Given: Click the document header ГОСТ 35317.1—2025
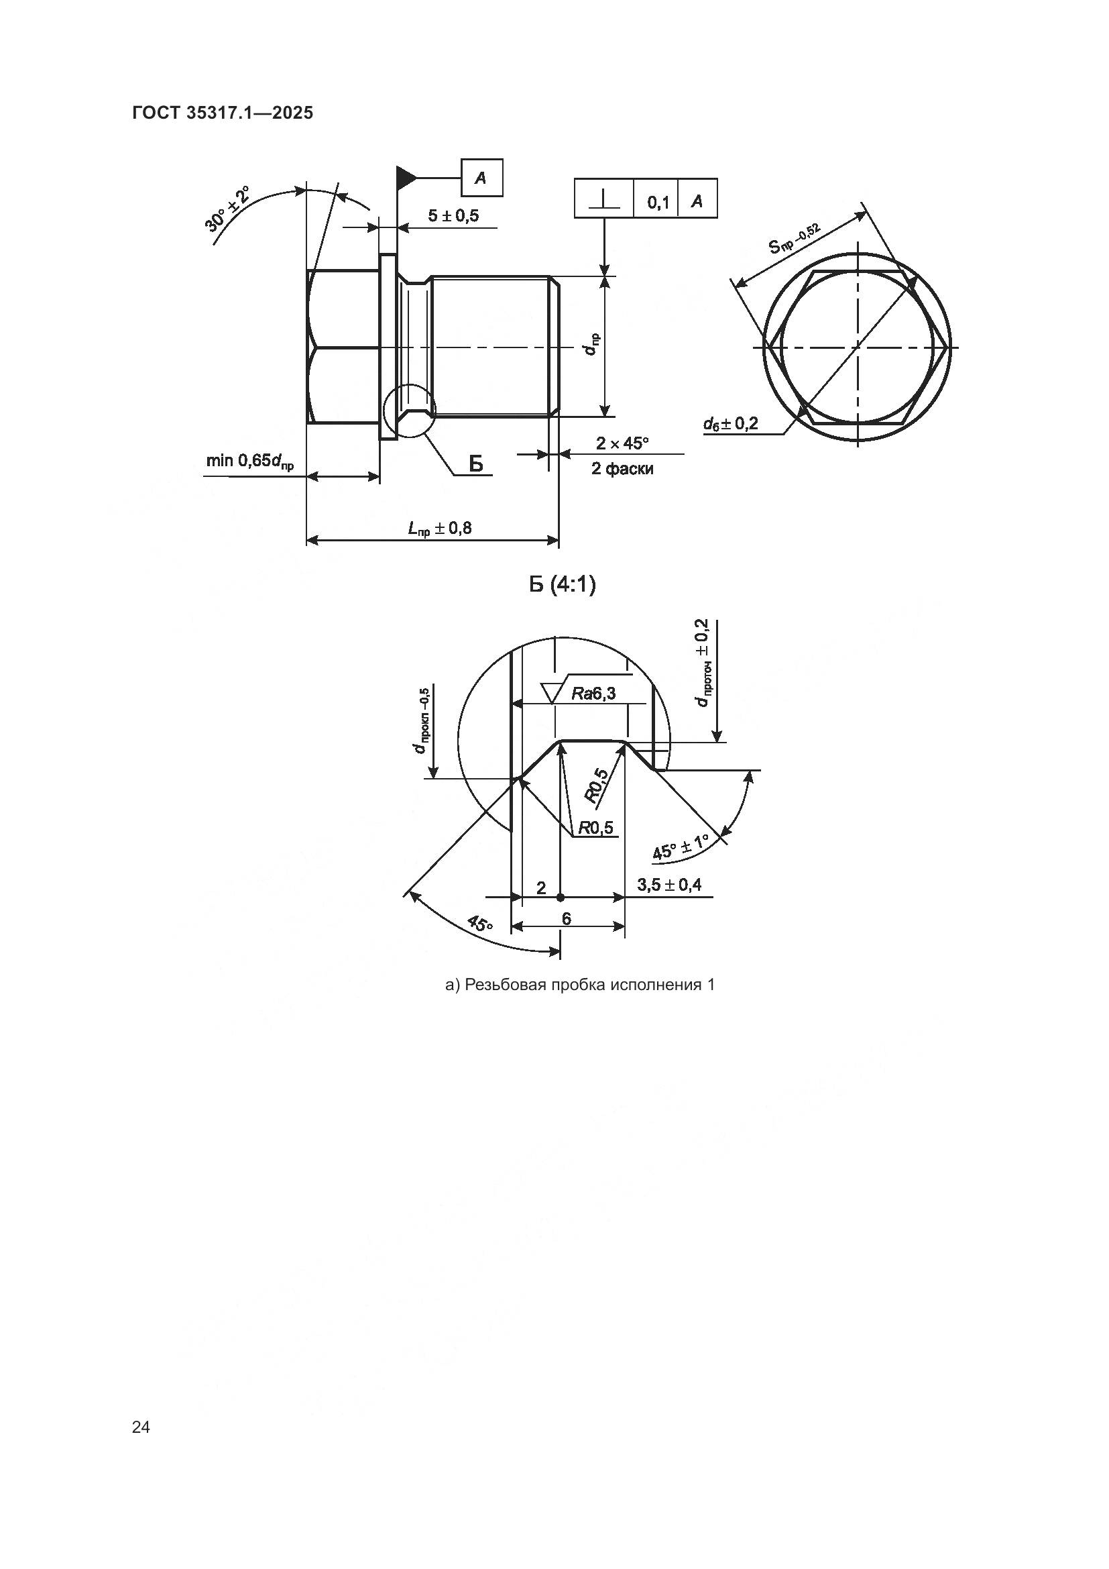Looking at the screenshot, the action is pyautogui.click(x=223, y=113).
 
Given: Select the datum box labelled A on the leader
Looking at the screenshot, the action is pyautogui.click(x=481, y=178).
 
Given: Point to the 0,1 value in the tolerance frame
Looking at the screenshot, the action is pyautogui.click(x=657, y=203).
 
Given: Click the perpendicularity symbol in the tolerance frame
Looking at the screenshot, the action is pyautogui.click(x=604, y=199).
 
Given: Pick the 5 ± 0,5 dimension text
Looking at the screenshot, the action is pyautogui.click(x=453, y=216).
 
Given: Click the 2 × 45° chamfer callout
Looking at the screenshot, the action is pyautogui.click(x=622, y=443).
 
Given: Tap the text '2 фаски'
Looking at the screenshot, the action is pyautogui.click(x=622, y=469).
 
